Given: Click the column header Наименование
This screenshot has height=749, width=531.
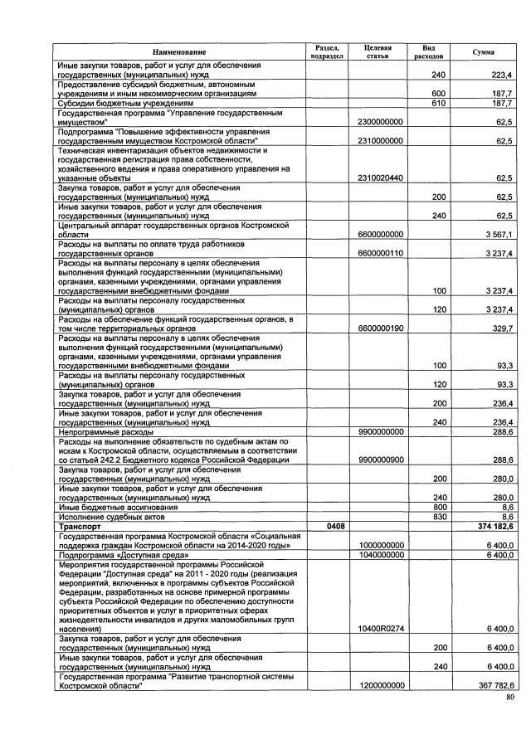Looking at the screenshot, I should [178, 52].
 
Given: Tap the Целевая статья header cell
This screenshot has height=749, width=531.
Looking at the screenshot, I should [379, 52].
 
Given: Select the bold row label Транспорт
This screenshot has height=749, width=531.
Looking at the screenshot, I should [79, 526].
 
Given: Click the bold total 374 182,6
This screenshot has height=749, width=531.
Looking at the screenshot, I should [493, 526].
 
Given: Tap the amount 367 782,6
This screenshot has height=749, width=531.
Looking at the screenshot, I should [493, 685].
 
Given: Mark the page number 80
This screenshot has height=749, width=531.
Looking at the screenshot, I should [509, 699].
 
